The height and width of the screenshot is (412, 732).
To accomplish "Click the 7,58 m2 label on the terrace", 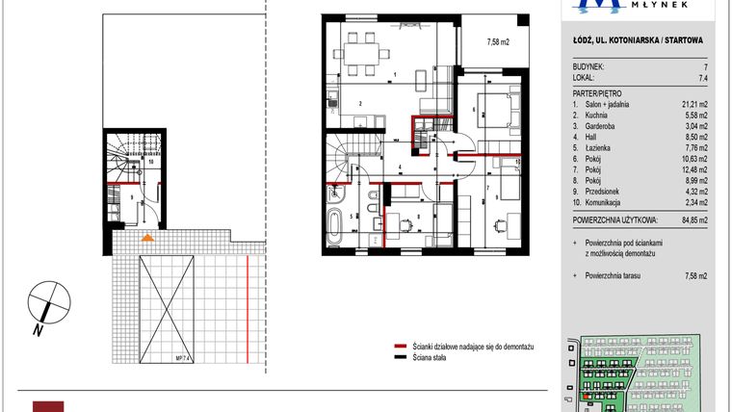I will tap(498, 41).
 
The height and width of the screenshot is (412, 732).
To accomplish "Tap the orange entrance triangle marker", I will tap(146, 236).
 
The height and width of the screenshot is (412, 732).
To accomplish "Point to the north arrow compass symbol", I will tap(45, 305).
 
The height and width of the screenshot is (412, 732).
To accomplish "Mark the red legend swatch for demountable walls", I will tap(400, 344).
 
